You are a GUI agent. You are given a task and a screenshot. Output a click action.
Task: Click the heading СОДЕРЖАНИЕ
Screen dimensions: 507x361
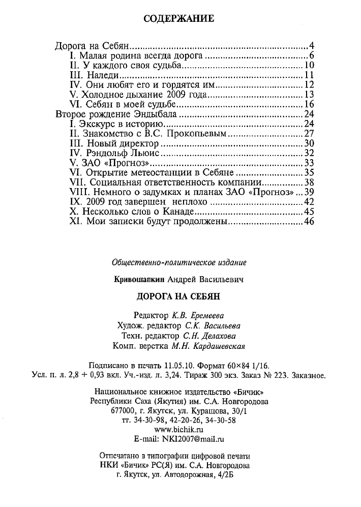180,19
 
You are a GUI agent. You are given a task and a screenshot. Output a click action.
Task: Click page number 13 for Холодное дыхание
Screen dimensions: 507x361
310,95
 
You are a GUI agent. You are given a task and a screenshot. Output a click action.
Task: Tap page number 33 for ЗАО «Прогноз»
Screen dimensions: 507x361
310,163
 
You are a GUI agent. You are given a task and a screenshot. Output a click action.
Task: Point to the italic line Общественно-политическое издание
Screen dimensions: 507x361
179,263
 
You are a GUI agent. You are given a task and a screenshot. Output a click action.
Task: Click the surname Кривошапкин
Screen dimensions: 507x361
137,279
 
